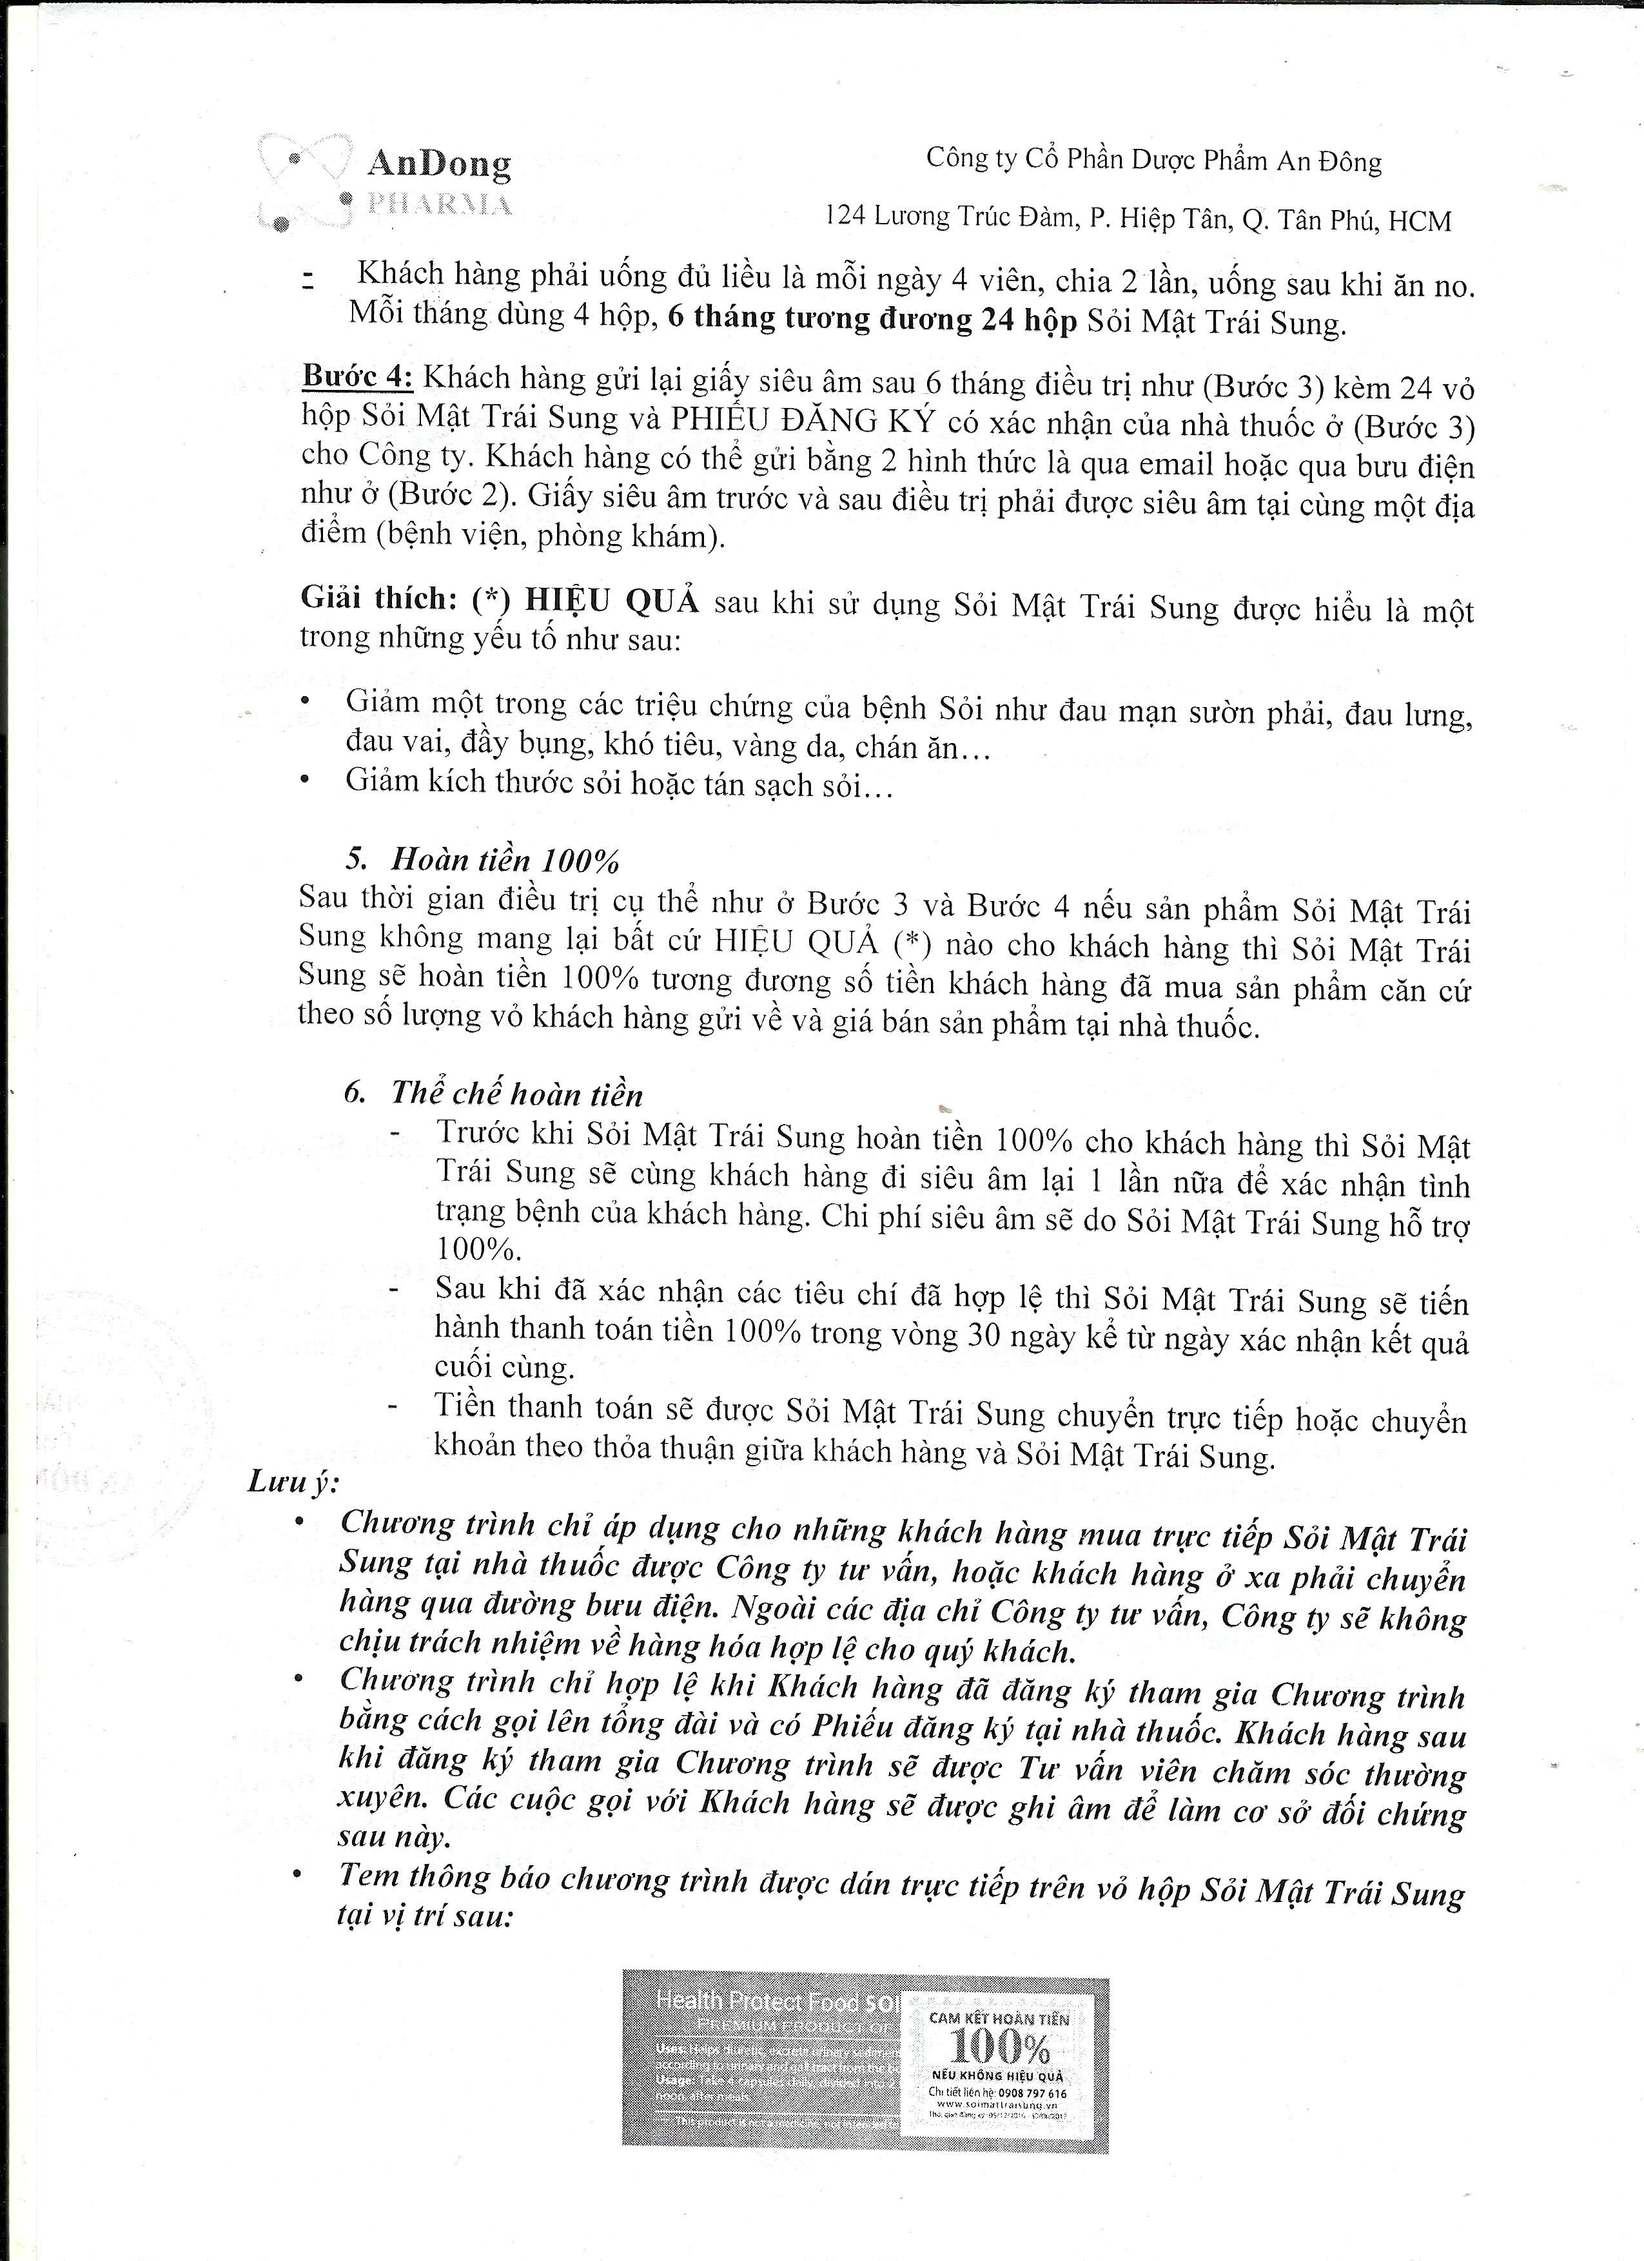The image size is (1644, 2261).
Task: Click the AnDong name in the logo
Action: (x=438, y=162)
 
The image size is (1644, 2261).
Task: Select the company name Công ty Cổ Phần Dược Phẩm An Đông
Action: (x=1153, y=159)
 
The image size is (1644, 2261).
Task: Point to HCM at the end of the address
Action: (x=1420, y=221)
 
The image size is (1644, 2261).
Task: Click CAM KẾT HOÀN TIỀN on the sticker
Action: (x=998, y=2018)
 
